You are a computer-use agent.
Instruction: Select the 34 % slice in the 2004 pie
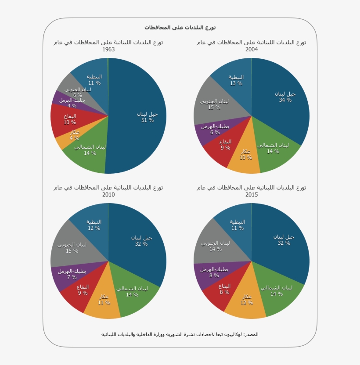(x=283, y=99)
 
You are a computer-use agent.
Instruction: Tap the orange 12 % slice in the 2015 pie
(x=246, y=301)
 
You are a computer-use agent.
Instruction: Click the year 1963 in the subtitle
(x=108, y=50)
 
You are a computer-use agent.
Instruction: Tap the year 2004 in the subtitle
(x=252, y=50)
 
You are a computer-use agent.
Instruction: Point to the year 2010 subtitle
(x=108, y=195)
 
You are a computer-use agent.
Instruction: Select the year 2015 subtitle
(x=252, y=195)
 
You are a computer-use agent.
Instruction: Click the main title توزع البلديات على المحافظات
(x=180, y=28)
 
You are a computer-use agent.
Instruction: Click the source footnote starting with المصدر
(x=180, y=334)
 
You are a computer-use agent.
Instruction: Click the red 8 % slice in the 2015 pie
(x=224, y=290)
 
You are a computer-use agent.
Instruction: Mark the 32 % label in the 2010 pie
(x=141, y=244)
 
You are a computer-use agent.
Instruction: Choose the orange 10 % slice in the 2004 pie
(x=245, y=156)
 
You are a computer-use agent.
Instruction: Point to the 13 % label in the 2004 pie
(x=236, y=83)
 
